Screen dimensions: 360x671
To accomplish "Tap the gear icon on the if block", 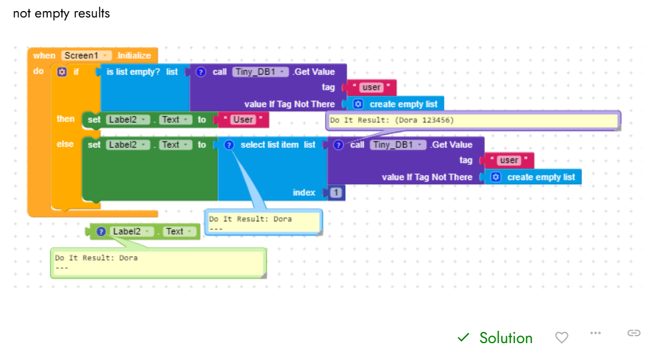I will click(x=61, y=72).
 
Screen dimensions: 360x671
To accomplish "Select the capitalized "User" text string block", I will click(x=243, y=119).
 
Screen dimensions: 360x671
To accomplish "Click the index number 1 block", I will click(x=336, y=193).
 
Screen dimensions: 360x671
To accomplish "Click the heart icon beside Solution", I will click(x=561, y=337).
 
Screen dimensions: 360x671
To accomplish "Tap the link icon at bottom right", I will click(x=634, y=333).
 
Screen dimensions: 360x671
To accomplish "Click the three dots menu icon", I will click(x=595, y=333).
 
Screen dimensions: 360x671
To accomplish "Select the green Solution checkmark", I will click(x=463, y=337).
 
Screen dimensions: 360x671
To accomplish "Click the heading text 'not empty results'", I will click(x=61, y=13).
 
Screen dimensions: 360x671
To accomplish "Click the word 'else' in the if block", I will click(x=65, y=144).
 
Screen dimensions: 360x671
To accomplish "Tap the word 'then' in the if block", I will click(x=65, y=119).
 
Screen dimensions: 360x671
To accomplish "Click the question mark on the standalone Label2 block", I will click(x=101, y=231).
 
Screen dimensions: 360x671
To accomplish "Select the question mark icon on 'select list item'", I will click(x=229, y=144).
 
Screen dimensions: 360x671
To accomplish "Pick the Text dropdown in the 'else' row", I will click(x=175, y=144).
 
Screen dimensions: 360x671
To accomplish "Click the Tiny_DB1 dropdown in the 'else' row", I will click(x=398, y=144).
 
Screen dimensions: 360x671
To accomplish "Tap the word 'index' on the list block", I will click(x=304, y=193).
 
